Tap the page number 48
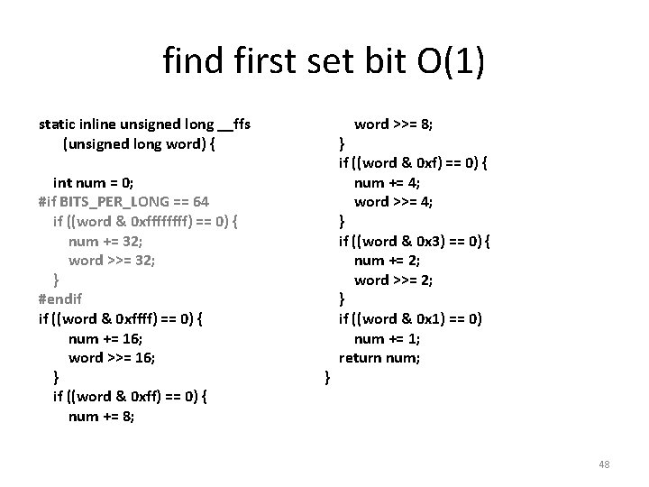pyautogui.click(x=604, y=464)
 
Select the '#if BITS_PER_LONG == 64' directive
pyautogui.click(x=124, y=201)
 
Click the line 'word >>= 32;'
pyautogui.click(x=112, y=260)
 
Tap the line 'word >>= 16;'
pyautogui.click(x=112, y=357)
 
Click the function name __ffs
pyautogui.click(x=241, y=124)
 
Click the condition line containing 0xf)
pyautogui.click(x=413, y=162)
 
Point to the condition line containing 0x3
pyautogui.click(x=413, y=241)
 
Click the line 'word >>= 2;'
pyautogui.click(x=393, y=280)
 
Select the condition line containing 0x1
pyautogui.click(x=410, y=318)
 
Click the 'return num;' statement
pyautogui.click(x=379, y=357)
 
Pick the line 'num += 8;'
pyautogui.click(x=101, y=416)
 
